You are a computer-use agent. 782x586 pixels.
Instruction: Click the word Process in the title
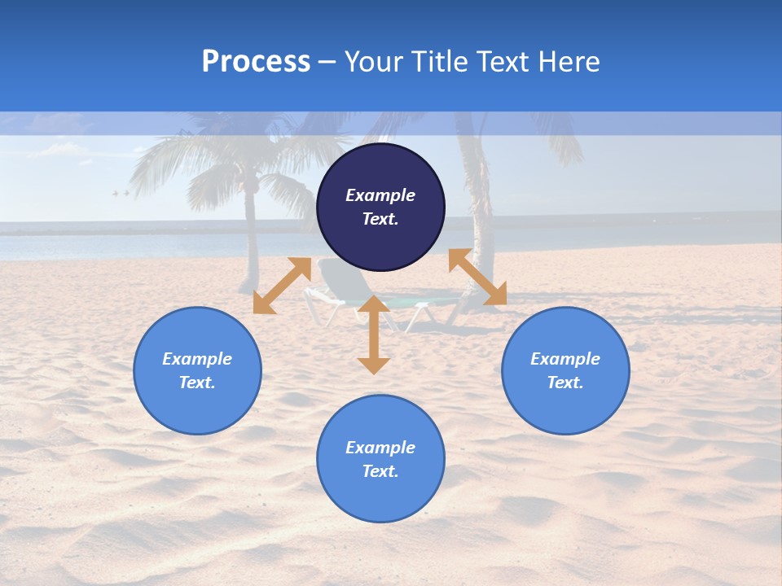pos(256,62)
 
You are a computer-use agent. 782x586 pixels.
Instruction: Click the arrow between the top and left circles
pos(282,286)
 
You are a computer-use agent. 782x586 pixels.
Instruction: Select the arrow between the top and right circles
pos(477,277)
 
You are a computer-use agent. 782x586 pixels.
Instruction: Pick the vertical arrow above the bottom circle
pos(374,335)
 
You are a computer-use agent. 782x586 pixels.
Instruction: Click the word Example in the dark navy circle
pos(380,195)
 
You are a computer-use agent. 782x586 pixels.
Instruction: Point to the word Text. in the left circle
pos(197,383)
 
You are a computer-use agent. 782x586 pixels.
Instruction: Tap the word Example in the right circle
pos(565,359)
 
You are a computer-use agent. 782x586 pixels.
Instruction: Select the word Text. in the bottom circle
pos(380,471)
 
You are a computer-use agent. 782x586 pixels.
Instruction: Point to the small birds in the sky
pos(121,193)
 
